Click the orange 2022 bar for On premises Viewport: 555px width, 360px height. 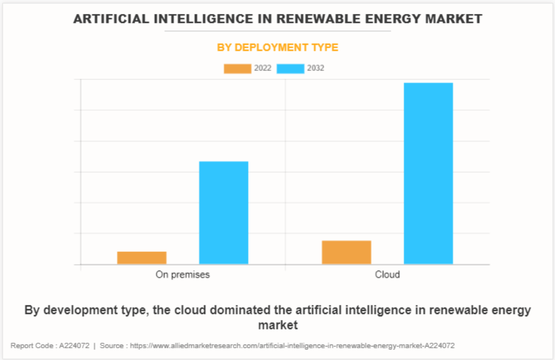[x=141, y=258]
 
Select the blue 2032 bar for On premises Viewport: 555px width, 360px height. [x=224, y=212]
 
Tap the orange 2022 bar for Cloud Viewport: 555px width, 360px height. [x=347, y=252]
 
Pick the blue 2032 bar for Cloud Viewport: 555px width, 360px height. [x=428, y=173]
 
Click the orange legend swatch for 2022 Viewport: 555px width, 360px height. [x=237, y=68]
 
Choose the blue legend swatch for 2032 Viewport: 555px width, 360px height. [x=290, y=68]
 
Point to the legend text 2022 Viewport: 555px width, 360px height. [x=263, y=68]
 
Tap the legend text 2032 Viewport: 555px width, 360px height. [x=315, y=68]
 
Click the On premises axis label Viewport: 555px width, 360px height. [x=183, y=274]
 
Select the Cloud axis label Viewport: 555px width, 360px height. [x=387, y=274]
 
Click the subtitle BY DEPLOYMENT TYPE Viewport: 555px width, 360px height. [x=278, y=48]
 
